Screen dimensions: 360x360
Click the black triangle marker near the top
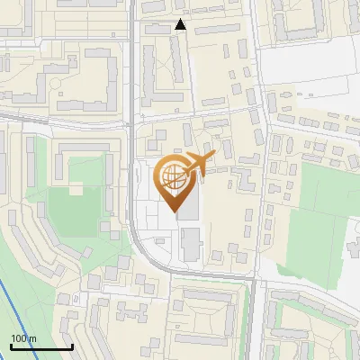[x=181, y=25]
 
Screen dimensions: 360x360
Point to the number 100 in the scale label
[x=19, y=338]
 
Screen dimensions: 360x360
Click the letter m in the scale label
[x=32, y=338]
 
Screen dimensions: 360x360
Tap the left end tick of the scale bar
[x=11, y=346]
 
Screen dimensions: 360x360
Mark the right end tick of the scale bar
[x=72, y=346]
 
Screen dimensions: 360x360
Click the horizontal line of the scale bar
[x=41, y=347]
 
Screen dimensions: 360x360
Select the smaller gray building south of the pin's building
[x=190, y=243]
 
